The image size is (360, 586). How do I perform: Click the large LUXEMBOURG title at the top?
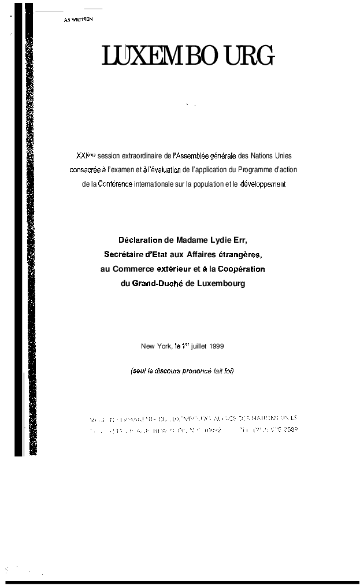coord(188,56)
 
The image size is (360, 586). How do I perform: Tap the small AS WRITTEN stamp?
coord(79,20)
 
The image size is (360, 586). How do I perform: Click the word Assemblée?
coord(192,155)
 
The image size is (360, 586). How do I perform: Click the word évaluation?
coord(165,170)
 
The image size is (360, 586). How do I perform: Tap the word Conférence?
coord(116,184)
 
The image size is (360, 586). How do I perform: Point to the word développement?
coord(263,184)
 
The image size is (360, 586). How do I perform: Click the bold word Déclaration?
coord(140,240)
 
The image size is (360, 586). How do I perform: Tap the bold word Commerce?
coord(133,269)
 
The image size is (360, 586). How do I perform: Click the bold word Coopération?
coord(242,269)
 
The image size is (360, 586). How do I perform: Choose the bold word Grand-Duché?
coord(157,283)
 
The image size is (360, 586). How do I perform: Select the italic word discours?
coord(168,370)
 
